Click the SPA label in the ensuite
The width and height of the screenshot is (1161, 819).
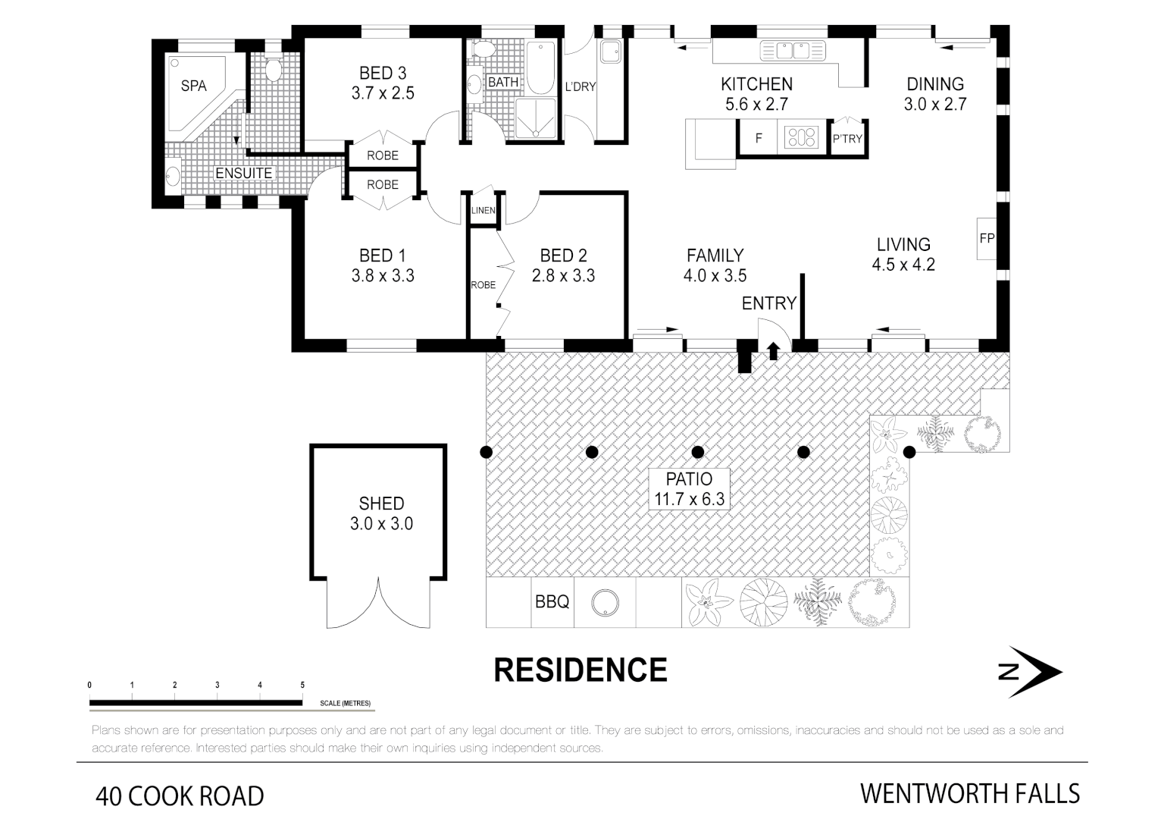(x=193, y=86)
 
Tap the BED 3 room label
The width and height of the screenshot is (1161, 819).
(x=383, y=74)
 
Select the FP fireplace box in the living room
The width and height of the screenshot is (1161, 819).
(x=987, y=238)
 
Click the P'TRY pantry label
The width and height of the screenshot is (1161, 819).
(x=847, y=139)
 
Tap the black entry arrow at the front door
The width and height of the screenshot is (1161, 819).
(x=773, y=350)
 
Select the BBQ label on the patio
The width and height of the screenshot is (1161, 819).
(x=552, y=602)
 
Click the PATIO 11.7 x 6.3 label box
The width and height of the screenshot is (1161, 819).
(x=689, y=489)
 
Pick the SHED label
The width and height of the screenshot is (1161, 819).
(x=381, y=504)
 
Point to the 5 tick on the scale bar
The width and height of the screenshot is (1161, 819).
(x=302, y=686)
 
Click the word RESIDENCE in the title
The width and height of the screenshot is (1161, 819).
(x=580, y=670)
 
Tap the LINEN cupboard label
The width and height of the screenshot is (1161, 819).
(x=483, y=211)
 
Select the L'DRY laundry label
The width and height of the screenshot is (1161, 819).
(x=580, y=86)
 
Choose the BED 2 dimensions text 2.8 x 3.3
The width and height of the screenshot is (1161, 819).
(x=563, y=276)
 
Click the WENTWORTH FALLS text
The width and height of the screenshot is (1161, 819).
(x=969, y=794)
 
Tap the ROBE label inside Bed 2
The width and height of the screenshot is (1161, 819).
(x=483, y=285)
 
